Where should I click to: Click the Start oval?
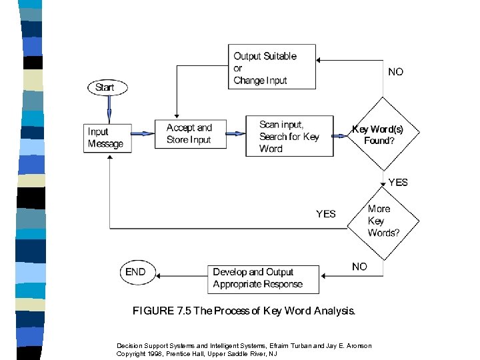click(x=105, y=87)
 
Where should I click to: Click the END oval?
click(x=135, y=271)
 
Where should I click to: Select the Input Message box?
click(x=106, y=138)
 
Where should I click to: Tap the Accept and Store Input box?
click(x=189, y=134)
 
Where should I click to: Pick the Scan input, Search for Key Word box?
click(x=289, y=137)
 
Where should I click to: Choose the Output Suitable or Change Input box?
click(x=272, y=67)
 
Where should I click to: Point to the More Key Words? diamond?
click(x=383, y=221)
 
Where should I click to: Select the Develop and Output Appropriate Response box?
click(x=263, y=278)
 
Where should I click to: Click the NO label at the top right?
click(x=395, y=72)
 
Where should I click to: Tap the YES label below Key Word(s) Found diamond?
click(x=397, y=182)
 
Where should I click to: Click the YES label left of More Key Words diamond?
click(x=326, y=214)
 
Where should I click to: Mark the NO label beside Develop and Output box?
click(x=359, y=266)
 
